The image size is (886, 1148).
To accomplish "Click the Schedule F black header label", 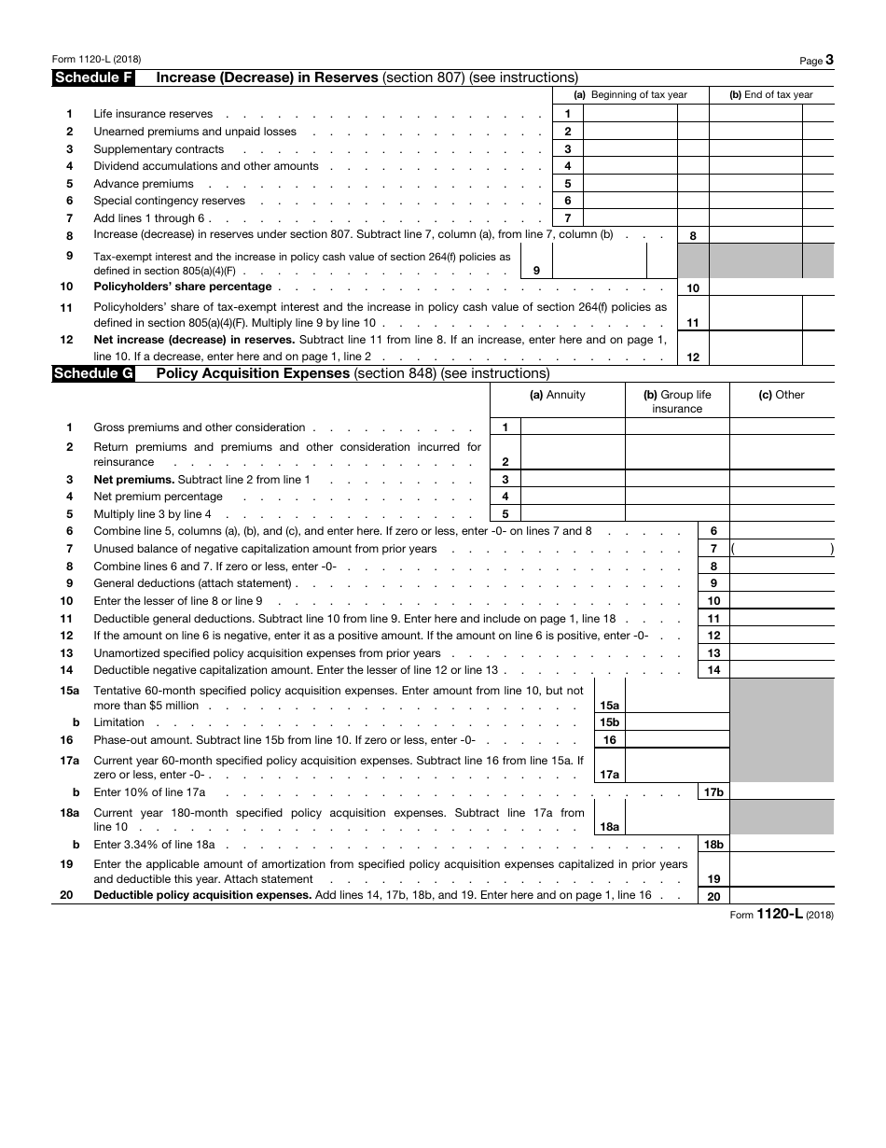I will coord(93,78).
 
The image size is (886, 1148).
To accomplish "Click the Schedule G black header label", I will coord(93,374).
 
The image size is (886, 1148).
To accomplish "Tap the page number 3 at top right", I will coord(829,60).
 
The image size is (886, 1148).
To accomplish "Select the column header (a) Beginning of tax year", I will coord(630,95).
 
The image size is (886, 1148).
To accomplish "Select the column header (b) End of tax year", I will coord(770,95).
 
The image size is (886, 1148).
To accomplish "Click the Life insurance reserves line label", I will coord(153,114).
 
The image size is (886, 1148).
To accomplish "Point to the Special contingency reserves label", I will coord(169,201).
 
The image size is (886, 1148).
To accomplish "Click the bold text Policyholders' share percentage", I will coord(183,287).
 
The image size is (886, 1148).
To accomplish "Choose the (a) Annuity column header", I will coord(558,395).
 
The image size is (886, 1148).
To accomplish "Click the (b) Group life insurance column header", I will coord(677,401).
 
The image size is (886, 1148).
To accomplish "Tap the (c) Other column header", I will coord(781,395).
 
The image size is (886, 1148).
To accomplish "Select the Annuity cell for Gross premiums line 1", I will coord(572,427).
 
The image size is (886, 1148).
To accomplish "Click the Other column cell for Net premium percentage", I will coord(781,497).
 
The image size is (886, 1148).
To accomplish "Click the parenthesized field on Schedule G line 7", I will coord(782,549).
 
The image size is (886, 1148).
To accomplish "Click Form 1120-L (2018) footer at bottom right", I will coord(782,915).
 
